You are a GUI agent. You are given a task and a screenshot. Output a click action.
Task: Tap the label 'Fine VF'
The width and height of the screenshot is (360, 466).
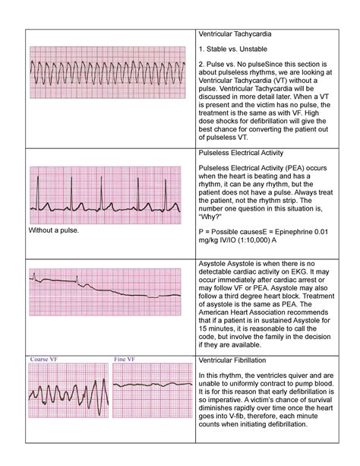click(x=125, y=359)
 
